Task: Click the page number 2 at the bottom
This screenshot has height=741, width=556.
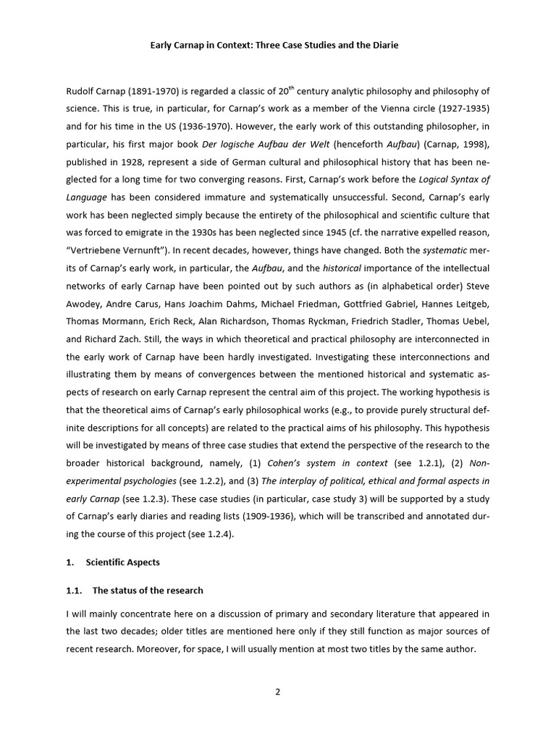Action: tap(277, 691)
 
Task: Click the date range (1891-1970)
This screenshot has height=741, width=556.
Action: tap(145, 91)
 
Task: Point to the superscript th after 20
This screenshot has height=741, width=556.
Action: tap(291, 88)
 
